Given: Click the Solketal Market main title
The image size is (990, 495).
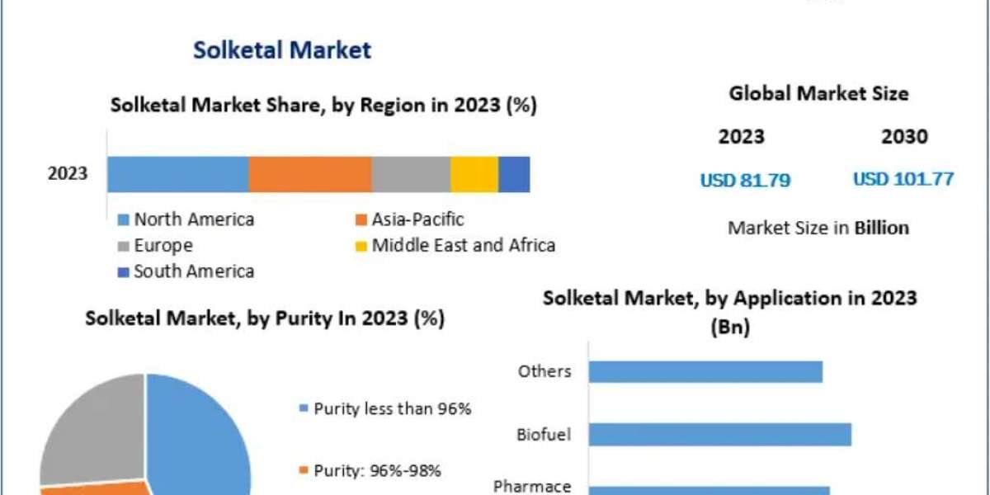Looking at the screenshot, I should [282, 49].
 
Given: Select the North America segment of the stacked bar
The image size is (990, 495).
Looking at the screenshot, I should [177, 174].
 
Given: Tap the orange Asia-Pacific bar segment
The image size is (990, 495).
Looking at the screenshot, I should [309, 174].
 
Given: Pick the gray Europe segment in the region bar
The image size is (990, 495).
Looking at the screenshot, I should [410, 174].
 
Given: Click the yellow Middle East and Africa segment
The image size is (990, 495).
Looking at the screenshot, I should [474, 174].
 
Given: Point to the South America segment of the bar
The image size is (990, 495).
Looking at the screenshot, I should [514, 174].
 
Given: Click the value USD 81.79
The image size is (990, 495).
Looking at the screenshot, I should [745, 180].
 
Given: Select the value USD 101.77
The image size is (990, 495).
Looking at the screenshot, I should [903, 179].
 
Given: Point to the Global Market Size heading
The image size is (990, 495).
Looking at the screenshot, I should [818, 94].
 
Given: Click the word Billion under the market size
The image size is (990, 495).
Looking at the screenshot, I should [881, 228].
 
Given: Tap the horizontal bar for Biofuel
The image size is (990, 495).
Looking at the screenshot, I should [719, 434].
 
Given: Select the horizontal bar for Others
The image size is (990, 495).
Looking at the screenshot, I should [705, 371].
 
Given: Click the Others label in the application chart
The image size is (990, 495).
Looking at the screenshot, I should [544, 371].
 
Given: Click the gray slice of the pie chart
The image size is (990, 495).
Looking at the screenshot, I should [91, 429].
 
